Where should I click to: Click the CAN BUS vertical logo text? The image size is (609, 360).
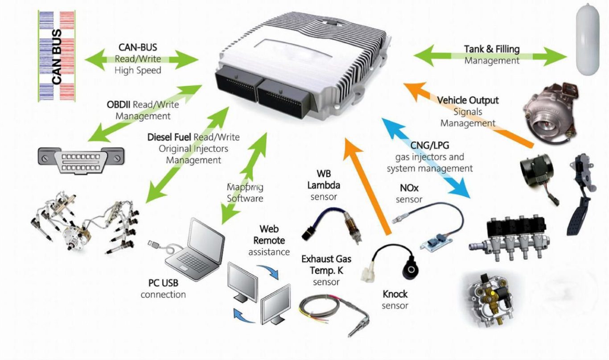[x=57, y=57]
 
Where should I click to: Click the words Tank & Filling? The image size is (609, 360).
[x=492, y=49]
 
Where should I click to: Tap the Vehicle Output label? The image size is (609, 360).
[x=468, y=100]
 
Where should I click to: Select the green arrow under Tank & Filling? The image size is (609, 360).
[x=490, y=57]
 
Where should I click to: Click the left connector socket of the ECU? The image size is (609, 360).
[x=236, y=89]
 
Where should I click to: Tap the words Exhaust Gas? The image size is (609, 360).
[x=326, y=259]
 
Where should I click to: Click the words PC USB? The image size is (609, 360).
[x=163, y=283]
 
